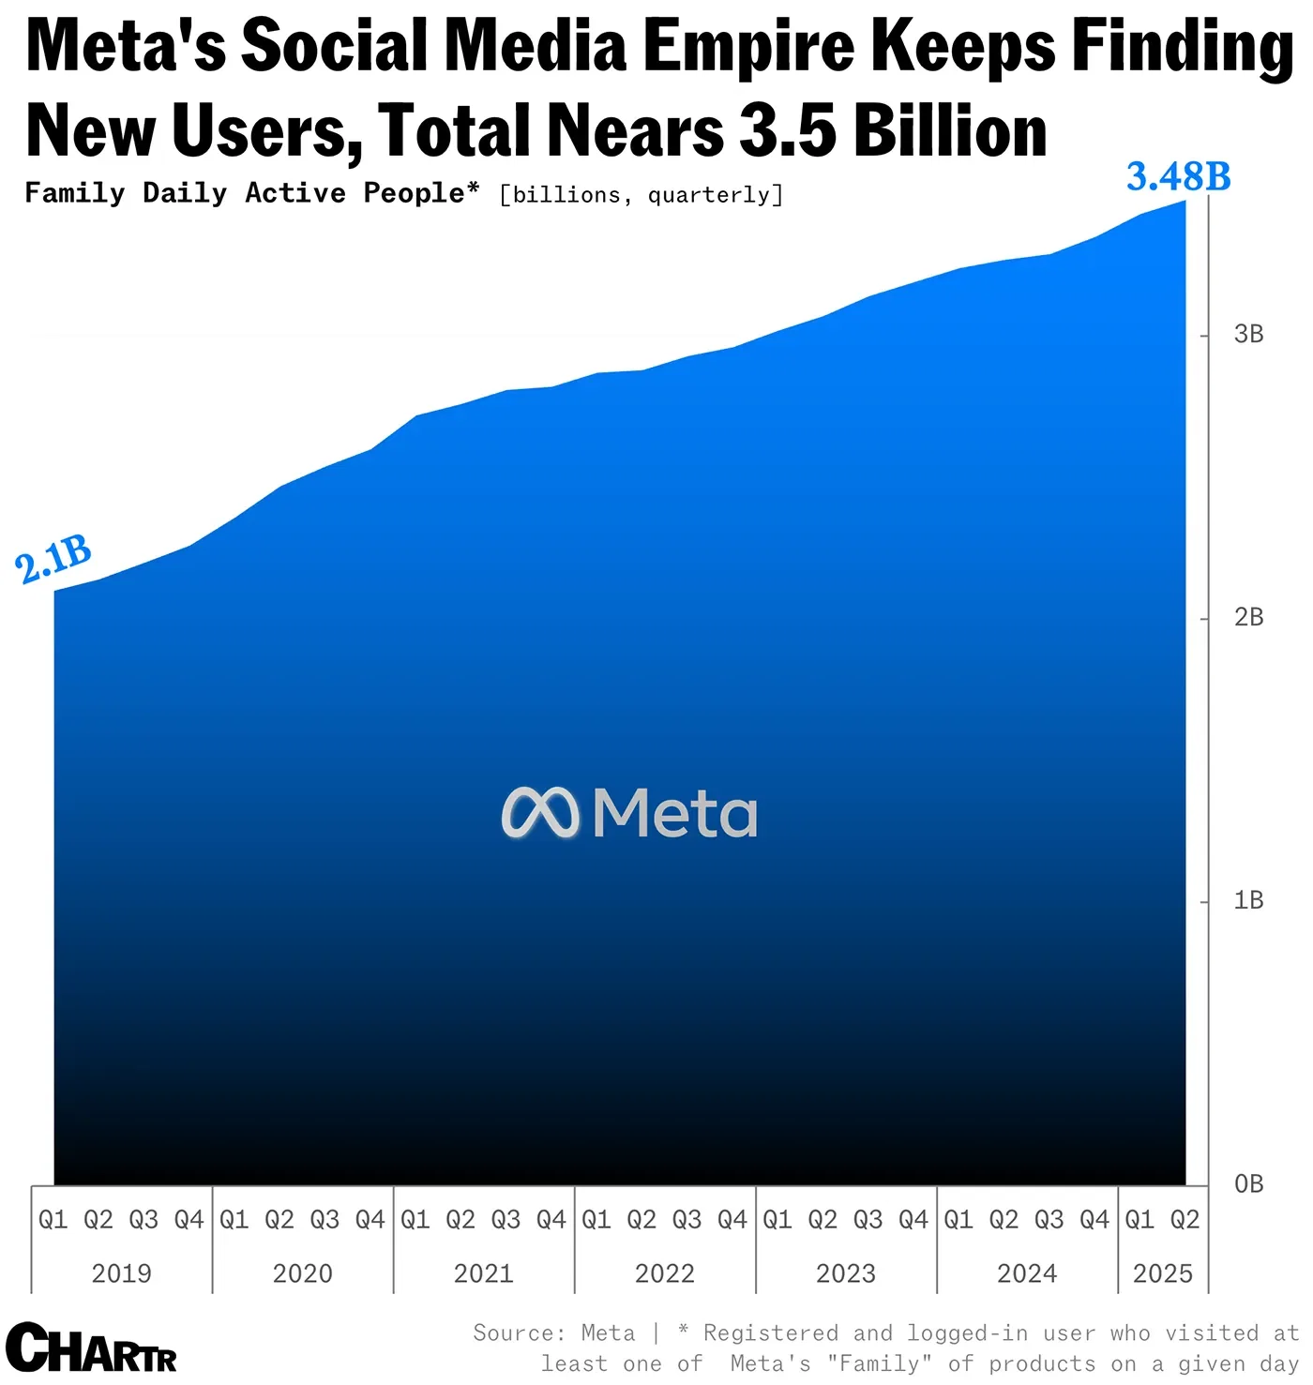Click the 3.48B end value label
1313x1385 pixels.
click(1178, 176)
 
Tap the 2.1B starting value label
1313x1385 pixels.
click(53, 559)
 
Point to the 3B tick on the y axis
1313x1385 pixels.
click(1248, 334)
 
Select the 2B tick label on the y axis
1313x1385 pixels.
click(1248, 617)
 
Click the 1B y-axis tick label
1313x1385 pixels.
click(1248, 900)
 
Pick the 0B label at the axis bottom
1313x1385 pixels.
click(1248, 1183)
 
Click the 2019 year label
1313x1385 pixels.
click(121, 1273)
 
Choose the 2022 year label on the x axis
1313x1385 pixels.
click(664, 1273)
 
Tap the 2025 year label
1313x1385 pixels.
click(1162, 1273)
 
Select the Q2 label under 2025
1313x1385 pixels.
click(1185, 1219)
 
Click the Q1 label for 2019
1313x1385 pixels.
click(53, 1219)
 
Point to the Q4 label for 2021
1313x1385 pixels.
click(551, 1219)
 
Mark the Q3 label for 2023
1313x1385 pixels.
click(868, 1219)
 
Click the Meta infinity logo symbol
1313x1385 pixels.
click(540, 812)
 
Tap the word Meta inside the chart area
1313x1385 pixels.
click(674, 812)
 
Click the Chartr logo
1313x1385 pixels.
click(91, 1348)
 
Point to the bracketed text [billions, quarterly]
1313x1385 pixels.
click(641, 195)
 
